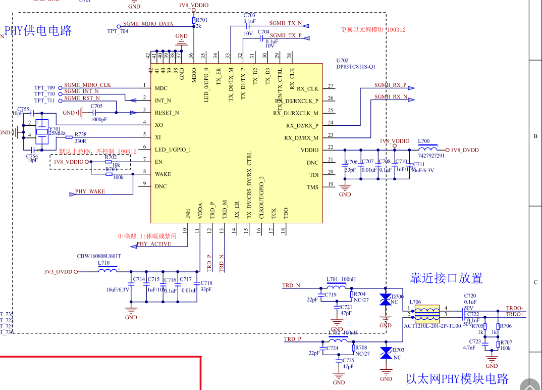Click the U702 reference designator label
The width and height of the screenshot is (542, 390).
(x=342, y=61)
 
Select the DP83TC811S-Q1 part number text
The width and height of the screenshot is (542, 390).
(x=356, y=67)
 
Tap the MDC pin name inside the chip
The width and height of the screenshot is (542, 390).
(x=161, y=88)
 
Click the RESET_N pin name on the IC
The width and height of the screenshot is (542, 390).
(x=167, y=113)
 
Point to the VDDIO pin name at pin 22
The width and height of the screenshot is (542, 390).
(x=309, y=150)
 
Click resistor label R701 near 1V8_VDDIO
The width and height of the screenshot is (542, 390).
(x=201, y=20)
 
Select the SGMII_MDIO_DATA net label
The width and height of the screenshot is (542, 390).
(x=148, y=24)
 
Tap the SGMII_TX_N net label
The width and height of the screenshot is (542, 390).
(x=285, y=23)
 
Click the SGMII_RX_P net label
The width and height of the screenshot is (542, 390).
(x=390, y=85)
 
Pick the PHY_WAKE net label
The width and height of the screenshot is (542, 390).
(x=90, y=192)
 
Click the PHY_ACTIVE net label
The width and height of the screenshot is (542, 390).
(x=153, y=244)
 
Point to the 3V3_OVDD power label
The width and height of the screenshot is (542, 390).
(x=58, y=271)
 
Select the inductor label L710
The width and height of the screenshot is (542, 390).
(x=103, y=263)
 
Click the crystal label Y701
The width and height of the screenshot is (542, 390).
(x=55, y=128)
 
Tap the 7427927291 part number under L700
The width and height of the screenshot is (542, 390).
(x=431, y=156)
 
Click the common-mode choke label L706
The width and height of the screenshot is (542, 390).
(x=415, y=302)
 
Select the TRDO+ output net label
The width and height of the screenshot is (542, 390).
(x=515, y=314)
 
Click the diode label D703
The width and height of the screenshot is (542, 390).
(x=398, y=350)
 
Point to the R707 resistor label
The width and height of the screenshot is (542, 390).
(x=506, y=343)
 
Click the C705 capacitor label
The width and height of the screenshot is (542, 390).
(x=96, y=106)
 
